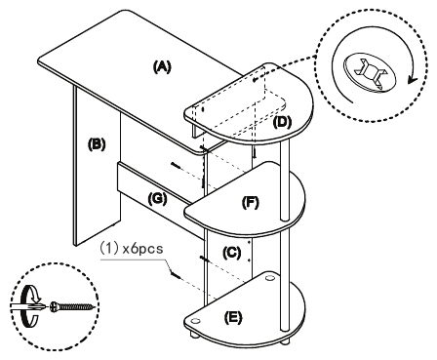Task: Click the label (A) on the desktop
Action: [x=161, y=66]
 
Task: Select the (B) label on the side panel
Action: [x=97, y=143]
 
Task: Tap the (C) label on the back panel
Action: [x=232, y=252]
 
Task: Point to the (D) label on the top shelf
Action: [x=282, y=122]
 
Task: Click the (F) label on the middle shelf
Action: [x=250, y=204]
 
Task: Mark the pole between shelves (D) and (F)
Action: [x=286, y=166]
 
